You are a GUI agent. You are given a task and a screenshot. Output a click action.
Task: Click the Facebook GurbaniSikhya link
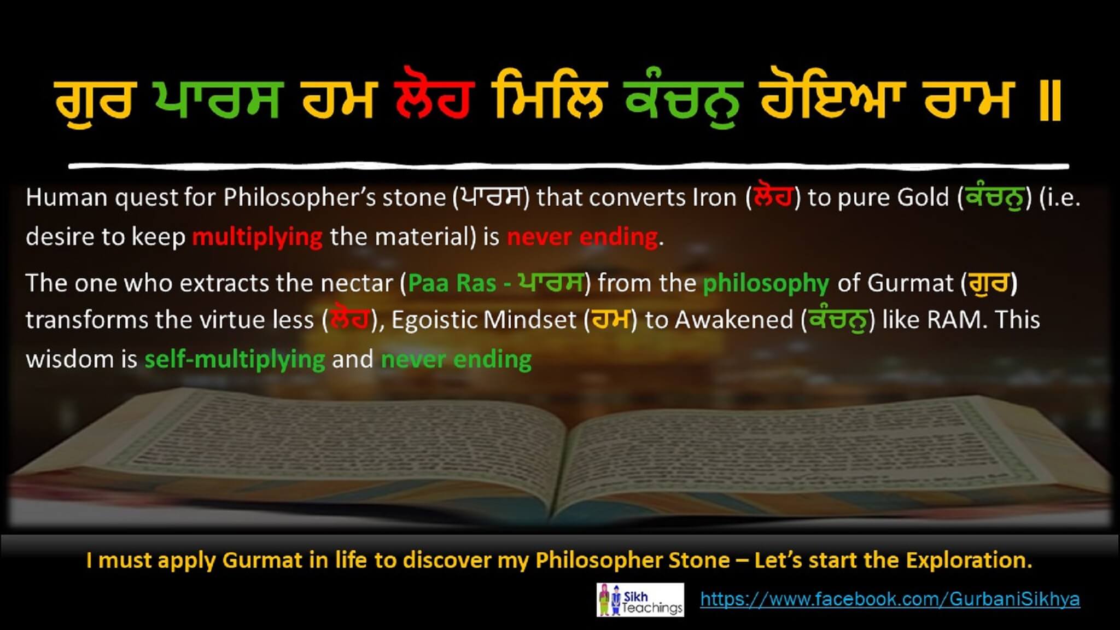tap(890, 599)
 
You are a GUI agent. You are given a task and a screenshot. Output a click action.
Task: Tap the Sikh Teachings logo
tap(640, 600)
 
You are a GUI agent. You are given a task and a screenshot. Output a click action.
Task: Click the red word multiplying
tap(257, 237)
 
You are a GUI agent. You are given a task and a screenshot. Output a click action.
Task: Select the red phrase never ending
tap(582, 237)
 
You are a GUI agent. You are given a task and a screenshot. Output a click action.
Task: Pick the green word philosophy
tap(766, 283)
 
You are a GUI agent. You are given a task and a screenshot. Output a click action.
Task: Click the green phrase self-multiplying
tap(235, 359)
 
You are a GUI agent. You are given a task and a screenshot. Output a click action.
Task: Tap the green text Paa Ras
tap(452, 283)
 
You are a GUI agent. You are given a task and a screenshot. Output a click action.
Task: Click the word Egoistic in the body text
tap(444, 320)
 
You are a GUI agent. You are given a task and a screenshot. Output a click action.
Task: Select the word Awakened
tap(734, 320)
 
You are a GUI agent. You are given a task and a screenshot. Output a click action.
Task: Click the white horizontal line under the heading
tap(569, 165)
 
